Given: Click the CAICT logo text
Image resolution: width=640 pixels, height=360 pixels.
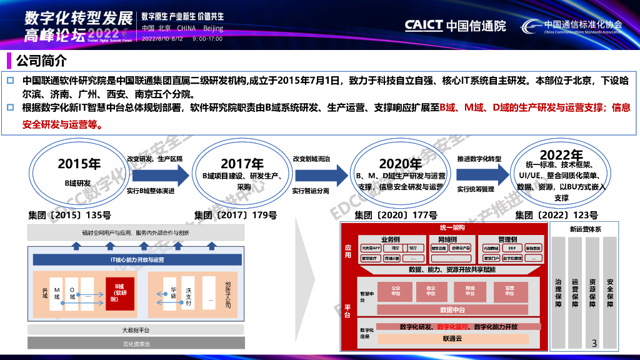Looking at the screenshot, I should coord(424,26).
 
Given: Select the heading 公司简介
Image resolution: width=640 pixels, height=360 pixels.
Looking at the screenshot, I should coord(41,61).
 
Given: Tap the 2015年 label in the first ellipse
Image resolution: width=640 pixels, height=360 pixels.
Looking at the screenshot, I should coord(79,164).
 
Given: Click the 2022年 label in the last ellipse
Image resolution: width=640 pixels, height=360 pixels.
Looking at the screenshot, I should coord(562,155).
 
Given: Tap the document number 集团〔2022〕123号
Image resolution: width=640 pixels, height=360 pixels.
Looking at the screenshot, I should coord(556,216).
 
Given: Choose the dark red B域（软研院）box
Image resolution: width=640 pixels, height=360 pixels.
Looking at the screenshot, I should coord(119,292).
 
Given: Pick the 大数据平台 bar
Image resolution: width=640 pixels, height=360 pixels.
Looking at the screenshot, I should coord(136,330).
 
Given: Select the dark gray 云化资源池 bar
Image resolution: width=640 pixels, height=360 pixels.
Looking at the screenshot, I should coord(136,344).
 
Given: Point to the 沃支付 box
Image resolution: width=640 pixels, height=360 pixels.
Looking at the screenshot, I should coord(188,297).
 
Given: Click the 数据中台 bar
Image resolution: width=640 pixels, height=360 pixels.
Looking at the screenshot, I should coord(452,309).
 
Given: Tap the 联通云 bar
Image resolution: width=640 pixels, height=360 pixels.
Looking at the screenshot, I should coord(452,338).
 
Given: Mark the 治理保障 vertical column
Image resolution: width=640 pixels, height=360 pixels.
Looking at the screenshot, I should coord(558,292).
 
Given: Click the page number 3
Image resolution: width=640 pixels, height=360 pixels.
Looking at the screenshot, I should coord(594,343).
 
